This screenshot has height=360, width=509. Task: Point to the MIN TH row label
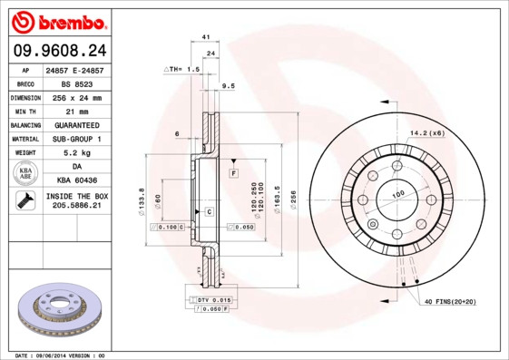pyautogui.click(x=24, y=111)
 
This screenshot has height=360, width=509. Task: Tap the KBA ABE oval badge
pyautogui.click(x=25, y=173)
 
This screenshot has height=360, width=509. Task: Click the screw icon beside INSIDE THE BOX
pyautogui.click(x=24, y=201)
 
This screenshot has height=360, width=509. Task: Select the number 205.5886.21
pyautogui.click(x=76, y=207)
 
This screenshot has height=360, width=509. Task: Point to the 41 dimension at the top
pyautogui.click(x=207, y=36)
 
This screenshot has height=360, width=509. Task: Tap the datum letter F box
pyautogui.click(x=233, y=171)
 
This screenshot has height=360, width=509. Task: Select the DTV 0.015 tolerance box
pyautogui.click(x=210, y=299)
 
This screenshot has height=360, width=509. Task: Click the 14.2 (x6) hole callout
pyautogui.click(x=426, y=133)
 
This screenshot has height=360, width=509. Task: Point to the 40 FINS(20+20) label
pyautogui.click(x=449, y=301)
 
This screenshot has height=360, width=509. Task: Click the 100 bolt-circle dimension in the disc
pyautogui.click(x=397, y=194)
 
